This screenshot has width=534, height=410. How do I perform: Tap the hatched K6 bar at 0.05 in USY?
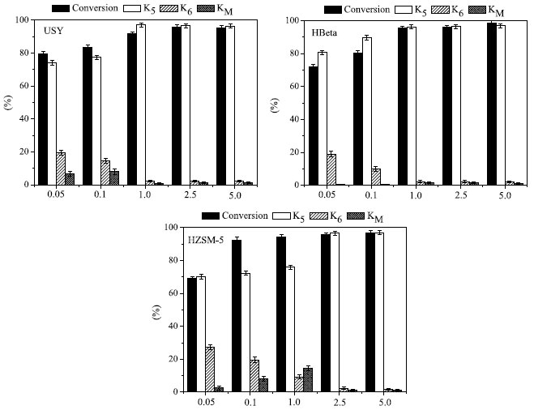(61, 169)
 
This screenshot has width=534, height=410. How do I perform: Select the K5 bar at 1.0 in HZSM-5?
(289, 329)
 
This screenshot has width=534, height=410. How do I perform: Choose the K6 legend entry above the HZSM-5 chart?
(341, 216)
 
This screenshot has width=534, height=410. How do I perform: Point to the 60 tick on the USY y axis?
(25, 86)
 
